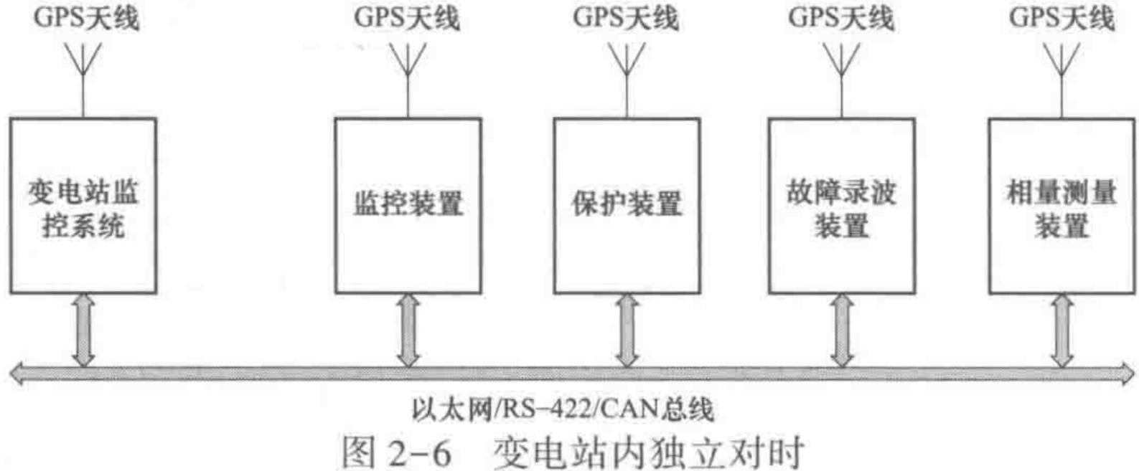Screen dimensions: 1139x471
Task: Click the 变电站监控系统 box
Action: pyautogui.click(x=83, y=206)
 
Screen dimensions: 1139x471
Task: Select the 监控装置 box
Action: pyautogui.click(x=408, y=206)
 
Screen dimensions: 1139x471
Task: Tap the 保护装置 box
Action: pyautogui.click(x=627, y=206)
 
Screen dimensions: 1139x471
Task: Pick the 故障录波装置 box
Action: pyautogui.click(x=841, y=206)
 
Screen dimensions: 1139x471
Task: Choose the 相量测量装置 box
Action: pyautogui.click(x=1061, y=206)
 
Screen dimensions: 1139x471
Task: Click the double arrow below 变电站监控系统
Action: pyautogui.click(x=83, y=330)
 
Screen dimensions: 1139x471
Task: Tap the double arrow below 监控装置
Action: pyautogui.click(x=408, y=330)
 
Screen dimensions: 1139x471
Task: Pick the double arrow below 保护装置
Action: pyautogui.click(x=627, y=330)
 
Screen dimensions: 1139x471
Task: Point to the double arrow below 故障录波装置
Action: pyautogui.click(x=841, y=330)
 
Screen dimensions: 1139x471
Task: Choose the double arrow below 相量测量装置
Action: pyautogui.click(x=1061, y=330)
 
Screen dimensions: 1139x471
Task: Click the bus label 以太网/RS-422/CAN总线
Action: pyautogui.click(x=563, y=409)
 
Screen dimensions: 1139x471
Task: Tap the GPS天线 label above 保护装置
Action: pyautogui.click(x=625, y=17)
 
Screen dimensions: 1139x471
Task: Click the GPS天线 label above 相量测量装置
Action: pyautogui.click(x=1061, y=17)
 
